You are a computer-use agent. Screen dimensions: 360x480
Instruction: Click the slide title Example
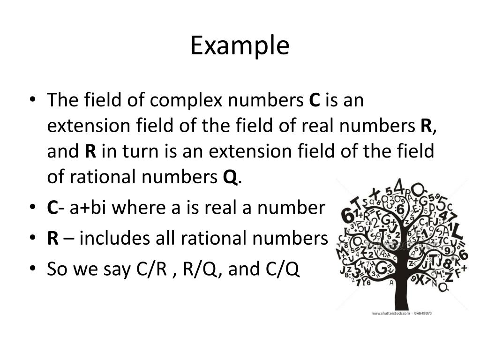pyautogui.click(x=240, y=46)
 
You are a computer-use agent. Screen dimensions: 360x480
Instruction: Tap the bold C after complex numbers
pyautogui.click(x=314, y=100)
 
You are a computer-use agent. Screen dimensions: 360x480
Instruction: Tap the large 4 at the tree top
pyautogui.click(x=399, y=187)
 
